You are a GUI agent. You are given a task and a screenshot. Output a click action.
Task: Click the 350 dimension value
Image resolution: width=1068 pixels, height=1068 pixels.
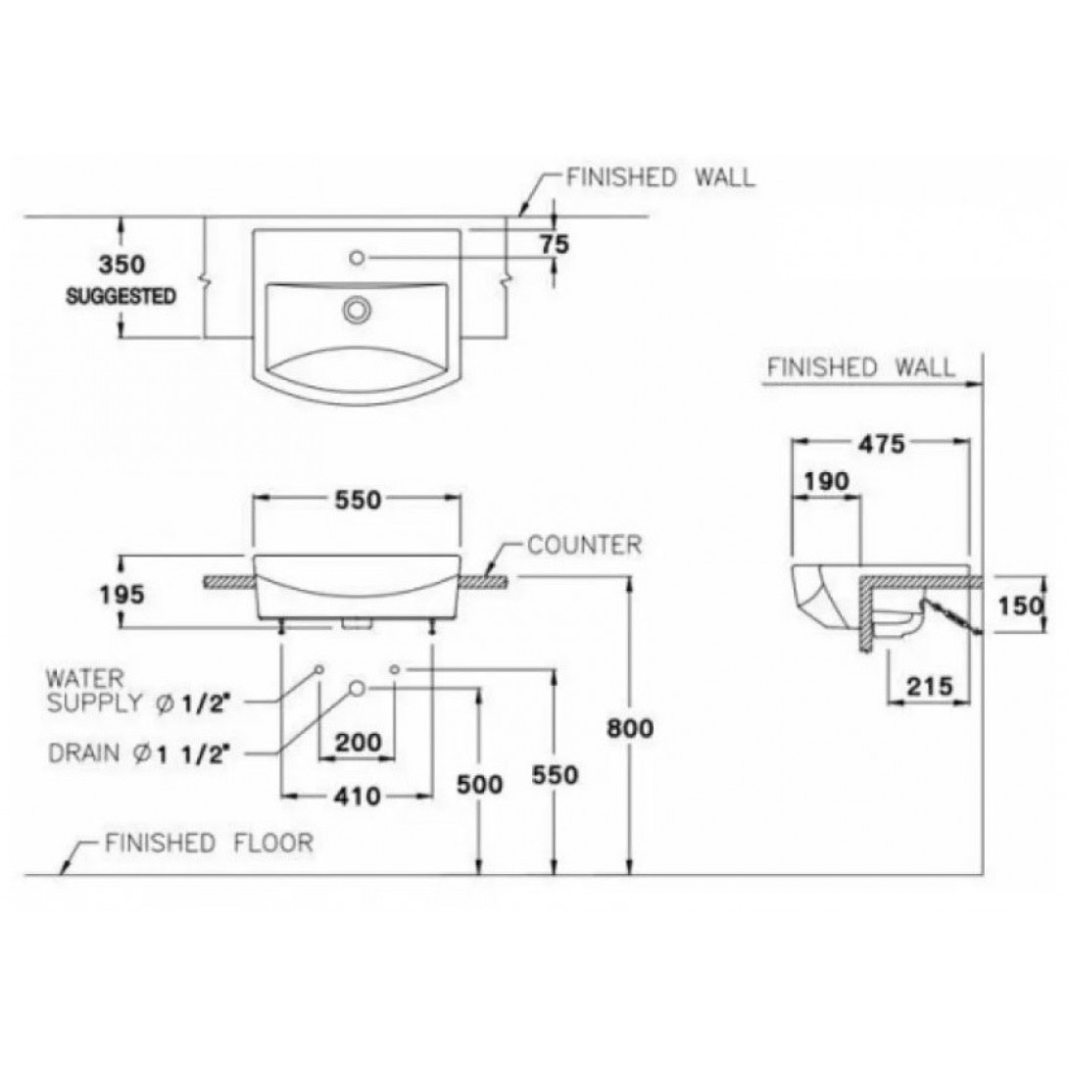[x=121, y=265]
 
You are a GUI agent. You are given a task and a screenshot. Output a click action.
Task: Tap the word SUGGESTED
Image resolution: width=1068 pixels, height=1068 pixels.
[x=121, y=296]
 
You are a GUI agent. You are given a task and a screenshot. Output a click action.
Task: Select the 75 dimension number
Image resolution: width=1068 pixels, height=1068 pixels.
[x=555, y=244]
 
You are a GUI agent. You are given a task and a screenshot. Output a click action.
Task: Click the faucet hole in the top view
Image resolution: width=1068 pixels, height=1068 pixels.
[x=357, y=258]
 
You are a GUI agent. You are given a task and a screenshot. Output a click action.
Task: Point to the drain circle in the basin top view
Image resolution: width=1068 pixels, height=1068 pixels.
[x=357, y=310]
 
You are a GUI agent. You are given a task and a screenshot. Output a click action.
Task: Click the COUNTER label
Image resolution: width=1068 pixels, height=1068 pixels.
[x=584, y=545]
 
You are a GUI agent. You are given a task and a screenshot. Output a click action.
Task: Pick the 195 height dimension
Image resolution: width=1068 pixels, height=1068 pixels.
[x=121, y=595]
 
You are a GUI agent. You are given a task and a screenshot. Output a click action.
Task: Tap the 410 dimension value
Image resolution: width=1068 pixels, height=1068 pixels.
[x=357, y=796]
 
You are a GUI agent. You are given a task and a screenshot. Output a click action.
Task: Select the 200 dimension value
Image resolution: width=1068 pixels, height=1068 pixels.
[x=359, y=742]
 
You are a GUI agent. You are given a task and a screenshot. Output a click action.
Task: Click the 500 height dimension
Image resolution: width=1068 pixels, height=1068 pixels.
[x=479, y=785]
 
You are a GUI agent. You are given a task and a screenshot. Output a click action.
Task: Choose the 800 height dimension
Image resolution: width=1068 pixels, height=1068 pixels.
[x=630, y=728]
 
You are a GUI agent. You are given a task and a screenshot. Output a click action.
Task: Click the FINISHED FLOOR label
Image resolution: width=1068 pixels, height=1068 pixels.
[x=209, y=844]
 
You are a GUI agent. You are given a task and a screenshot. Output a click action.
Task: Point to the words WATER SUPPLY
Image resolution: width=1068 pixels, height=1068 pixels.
[x=95, y=690]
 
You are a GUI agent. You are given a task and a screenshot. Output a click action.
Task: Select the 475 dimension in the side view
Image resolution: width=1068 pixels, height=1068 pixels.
[x=882, y=444]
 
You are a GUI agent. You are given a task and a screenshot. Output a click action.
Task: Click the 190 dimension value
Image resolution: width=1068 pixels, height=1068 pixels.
[x=827, y=481]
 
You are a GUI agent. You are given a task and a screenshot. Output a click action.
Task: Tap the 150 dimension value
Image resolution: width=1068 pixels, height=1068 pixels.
[x=1020, y=605]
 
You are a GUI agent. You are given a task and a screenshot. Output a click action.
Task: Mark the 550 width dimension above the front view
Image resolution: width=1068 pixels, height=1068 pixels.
[x=357, y=500]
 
